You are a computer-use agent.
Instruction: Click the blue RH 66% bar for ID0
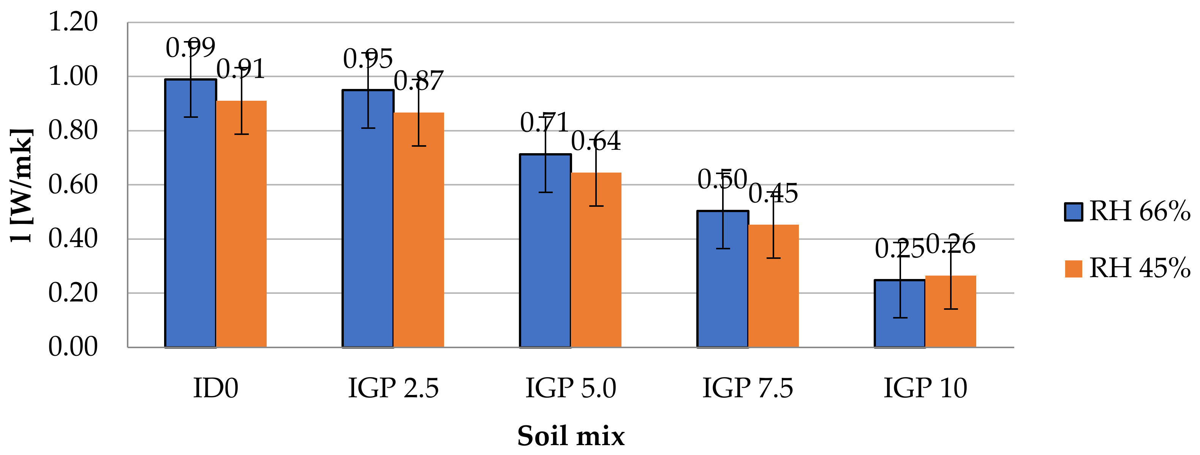point(191,214)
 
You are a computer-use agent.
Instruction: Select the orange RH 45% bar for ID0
point(241,224)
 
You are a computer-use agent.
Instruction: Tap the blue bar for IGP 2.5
point(368,219)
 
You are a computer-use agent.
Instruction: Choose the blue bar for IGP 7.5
point(723,280)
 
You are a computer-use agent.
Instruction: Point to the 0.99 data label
point(191,48)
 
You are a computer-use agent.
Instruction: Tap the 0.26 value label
point(950,244)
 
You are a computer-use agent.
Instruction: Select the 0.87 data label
point(418,81)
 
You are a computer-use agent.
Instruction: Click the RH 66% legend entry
point(1127,211)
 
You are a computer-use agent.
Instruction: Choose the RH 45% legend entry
point(1127,268)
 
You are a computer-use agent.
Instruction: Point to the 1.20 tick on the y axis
point(73,22)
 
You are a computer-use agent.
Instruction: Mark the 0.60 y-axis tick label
point(73,185)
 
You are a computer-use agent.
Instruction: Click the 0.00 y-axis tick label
point(73,347)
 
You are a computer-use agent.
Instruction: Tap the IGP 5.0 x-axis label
point(571,388)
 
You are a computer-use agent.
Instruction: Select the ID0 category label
point(216,388)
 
